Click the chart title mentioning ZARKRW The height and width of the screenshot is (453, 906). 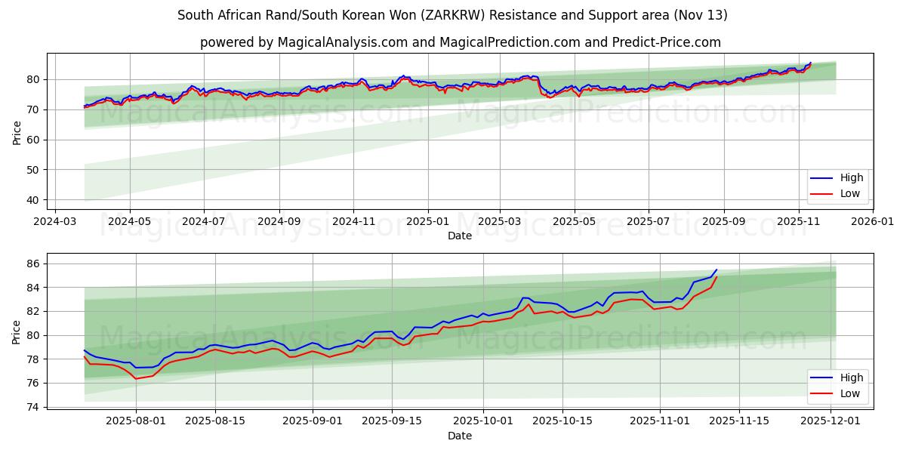click(x=452, y=15)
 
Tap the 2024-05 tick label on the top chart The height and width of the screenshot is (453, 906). click(x=129, y=223)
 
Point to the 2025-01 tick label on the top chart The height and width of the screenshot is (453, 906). click(x=427, y=223)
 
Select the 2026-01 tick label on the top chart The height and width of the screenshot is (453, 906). click(x=872, y=223)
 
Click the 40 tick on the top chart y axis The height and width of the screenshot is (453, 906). click(x=33, y=200)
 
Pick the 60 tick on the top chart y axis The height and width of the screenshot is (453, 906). click(x=33, y=140)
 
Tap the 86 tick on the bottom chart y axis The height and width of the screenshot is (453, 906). click(x=33, y=263)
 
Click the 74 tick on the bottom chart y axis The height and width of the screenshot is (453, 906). click(x=33, y=407)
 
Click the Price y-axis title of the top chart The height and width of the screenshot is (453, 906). click(x=17, y=131)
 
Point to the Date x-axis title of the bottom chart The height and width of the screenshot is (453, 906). click(x=459, y=436)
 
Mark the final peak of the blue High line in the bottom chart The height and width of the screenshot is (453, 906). click(x=716, y=270)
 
